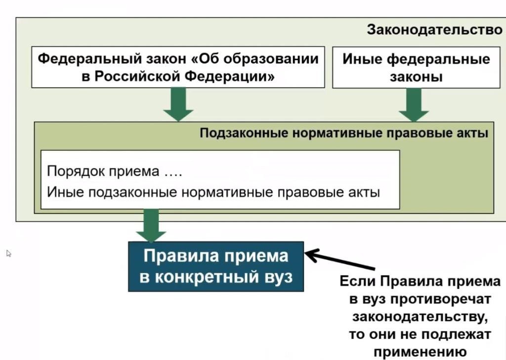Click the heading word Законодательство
[434, 30]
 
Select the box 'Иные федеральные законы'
[416, 68]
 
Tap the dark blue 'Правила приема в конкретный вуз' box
[216, 266]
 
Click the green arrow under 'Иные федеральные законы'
[414, 105]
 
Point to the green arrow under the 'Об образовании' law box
[178, 104]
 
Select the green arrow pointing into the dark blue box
[151, 225]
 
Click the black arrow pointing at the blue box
[336, 260]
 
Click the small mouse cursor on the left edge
[8, 253]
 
